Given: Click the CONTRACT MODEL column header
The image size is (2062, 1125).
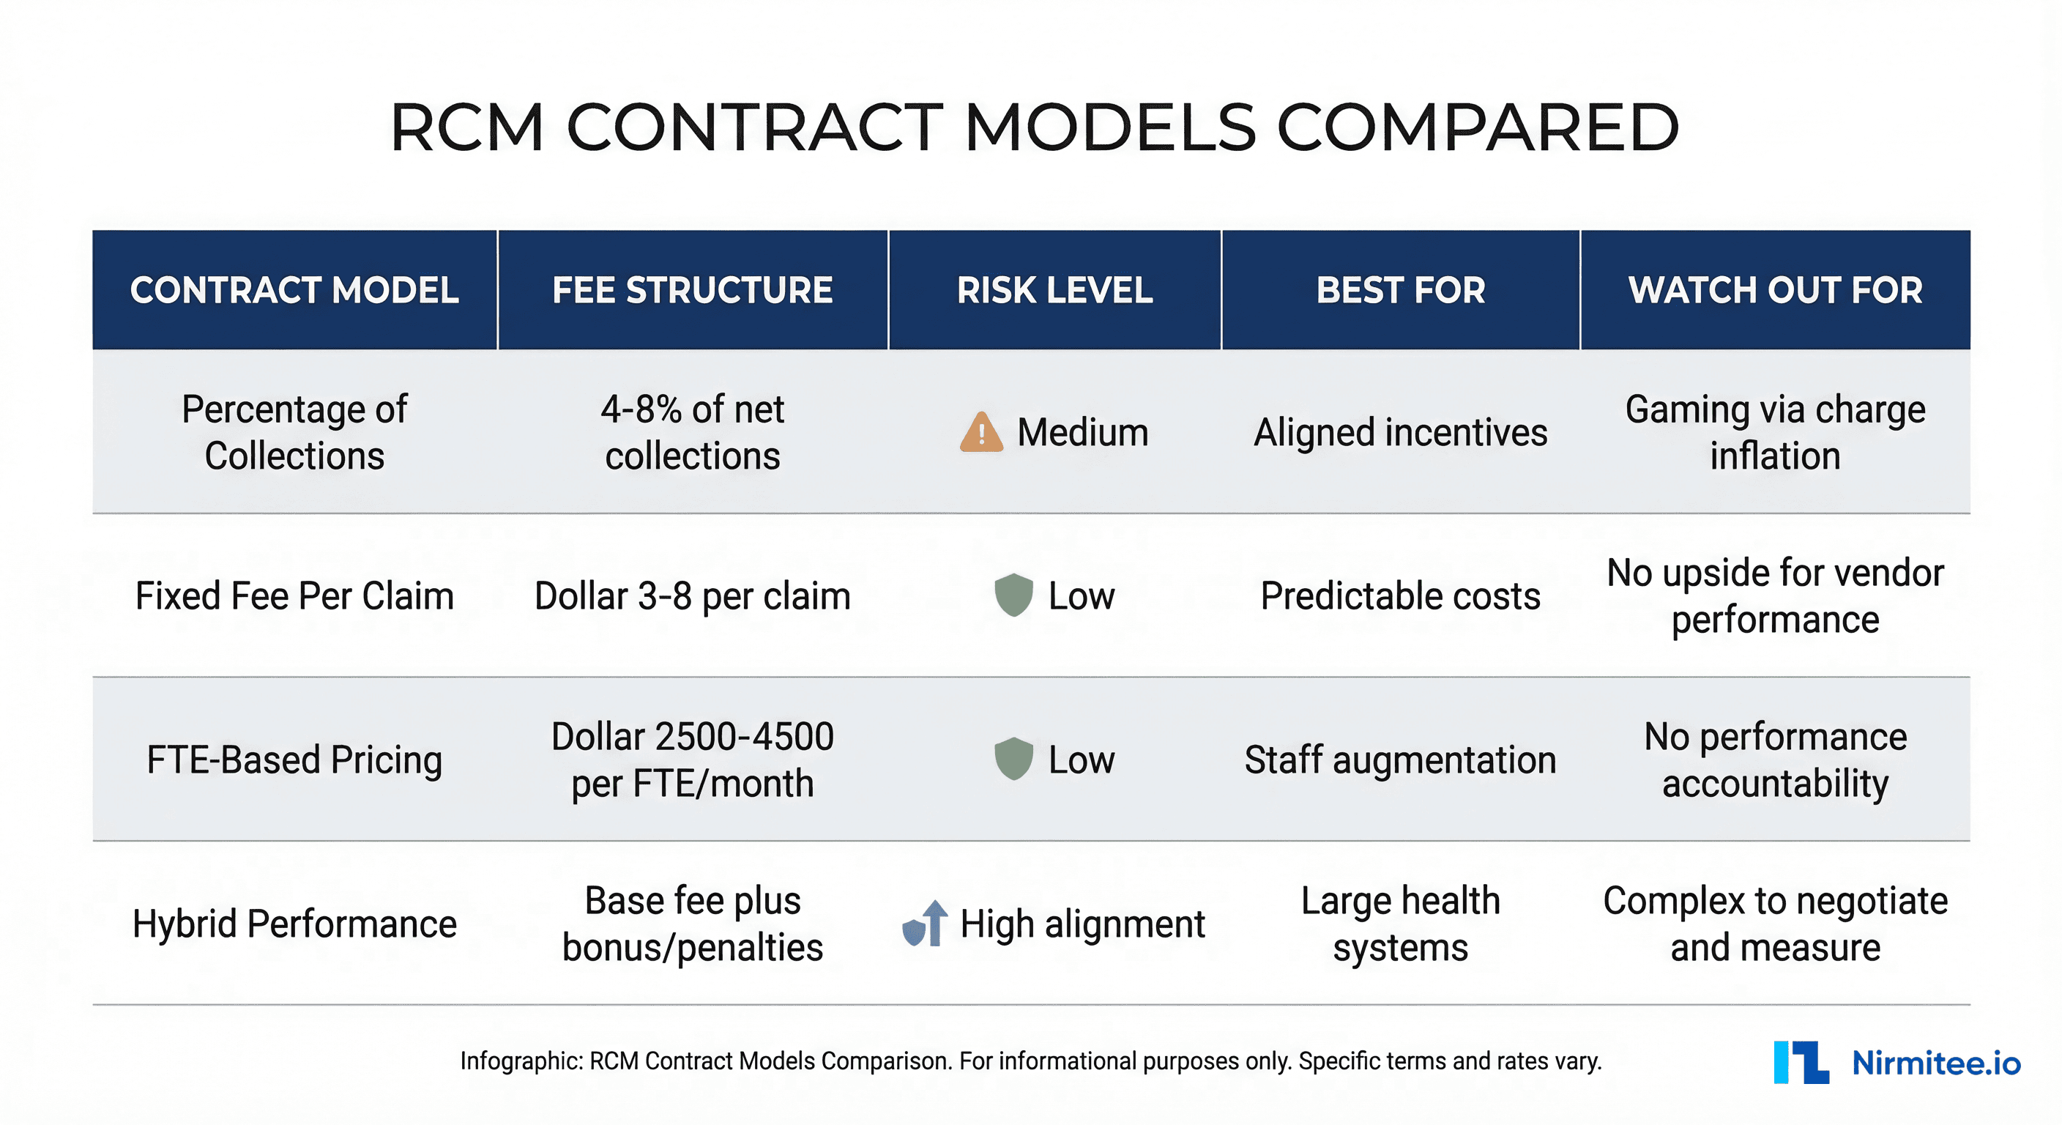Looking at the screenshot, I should pos(294,290).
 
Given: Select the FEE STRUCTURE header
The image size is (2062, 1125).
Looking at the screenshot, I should pos(693,290).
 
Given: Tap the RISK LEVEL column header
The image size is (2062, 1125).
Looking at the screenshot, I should pos(1054,290).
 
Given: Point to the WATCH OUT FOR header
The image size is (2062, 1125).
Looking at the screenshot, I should pos(1775,290).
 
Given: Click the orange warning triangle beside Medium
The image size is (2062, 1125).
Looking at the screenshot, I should pos(980,432).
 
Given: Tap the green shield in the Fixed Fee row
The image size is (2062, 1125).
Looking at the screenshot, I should pos(1013,595).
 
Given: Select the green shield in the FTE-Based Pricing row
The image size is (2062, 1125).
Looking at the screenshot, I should pos(1013,758).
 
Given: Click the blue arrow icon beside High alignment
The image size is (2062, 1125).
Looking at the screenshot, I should pos(926,924).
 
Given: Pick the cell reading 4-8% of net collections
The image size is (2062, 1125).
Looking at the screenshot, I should pos(693,432).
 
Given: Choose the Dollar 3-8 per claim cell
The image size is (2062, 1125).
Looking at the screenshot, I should pos(693,595).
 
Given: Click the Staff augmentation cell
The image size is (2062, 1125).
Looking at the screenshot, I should pos(1400,759).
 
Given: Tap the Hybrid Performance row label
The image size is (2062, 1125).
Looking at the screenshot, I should pos(294,924).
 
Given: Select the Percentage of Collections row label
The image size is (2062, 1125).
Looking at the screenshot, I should pos(294,432).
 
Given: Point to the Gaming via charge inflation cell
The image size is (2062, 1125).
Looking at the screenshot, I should pos(1775,432).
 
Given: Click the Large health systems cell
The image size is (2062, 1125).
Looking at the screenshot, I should pos(1400,924).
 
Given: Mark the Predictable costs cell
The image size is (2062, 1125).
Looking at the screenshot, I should pos(1400,595).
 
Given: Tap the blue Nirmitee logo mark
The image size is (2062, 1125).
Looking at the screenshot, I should pos(1801,1063).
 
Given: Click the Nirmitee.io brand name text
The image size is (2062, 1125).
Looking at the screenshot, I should pos(1935,1063).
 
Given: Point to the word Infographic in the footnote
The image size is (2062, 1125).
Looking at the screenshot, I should pos(521,1061).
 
